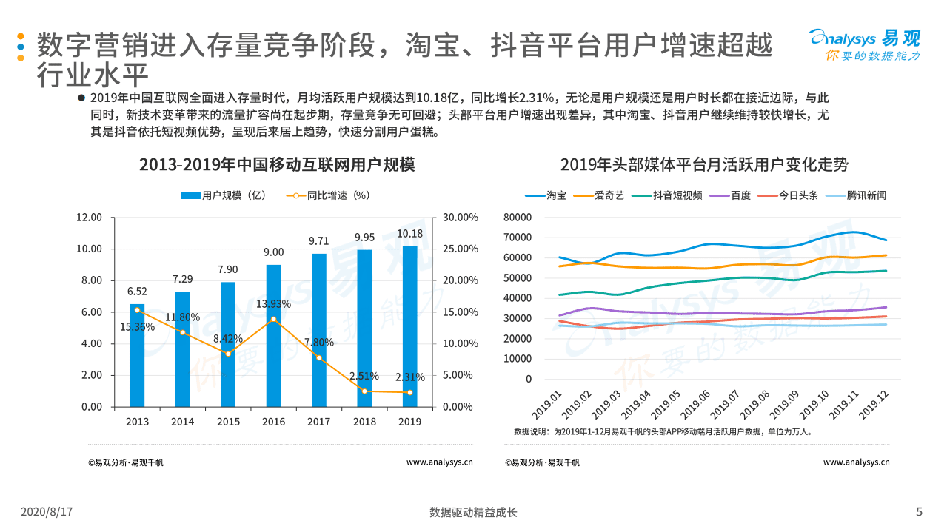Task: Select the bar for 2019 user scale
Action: click(x=409, y=326)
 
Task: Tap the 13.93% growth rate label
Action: click(x=273, y=305)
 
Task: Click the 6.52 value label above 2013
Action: click(x=137, y=291)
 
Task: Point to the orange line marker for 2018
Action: click(x=364, y=391)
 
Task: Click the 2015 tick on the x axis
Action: click(x=228, y=422)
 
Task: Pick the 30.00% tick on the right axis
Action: click(x=461, y=218)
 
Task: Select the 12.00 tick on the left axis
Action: click(x=90, y=218)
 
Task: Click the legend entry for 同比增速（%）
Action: click(x=329, y=195)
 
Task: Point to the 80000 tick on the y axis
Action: click(x=518, y=218)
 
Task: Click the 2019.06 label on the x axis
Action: click(x=695, y=404)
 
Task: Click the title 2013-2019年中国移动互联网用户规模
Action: click(x=277, y=164)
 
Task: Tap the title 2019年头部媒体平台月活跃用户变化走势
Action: click(x=704, y=164)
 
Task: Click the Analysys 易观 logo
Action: click(x=864, y=44)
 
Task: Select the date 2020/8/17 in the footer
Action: click(x=46, y=512)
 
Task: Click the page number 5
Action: click(x=919, y=512)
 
